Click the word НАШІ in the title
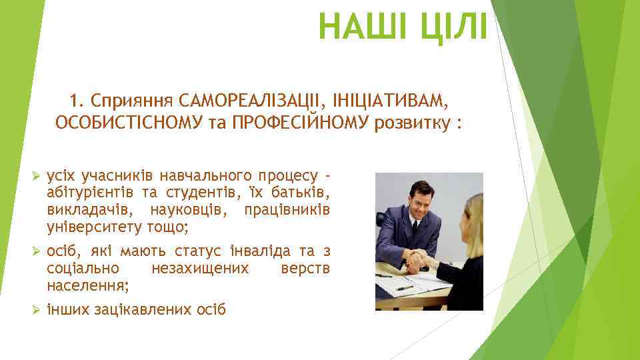(358, 27)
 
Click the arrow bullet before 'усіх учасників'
(37, 176)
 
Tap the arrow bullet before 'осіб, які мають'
(37, 251)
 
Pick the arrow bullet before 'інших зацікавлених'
(37, 310)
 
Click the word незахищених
(200, 269)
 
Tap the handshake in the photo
(418, 261)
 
